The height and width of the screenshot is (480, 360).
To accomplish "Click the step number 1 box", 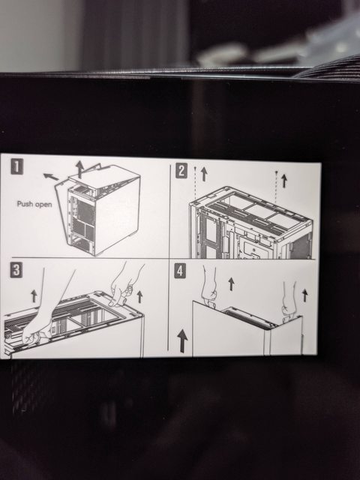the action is click(x=16, y=166).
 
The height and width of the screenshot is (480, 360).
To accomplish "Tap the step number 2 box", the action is click(x=181, y=171).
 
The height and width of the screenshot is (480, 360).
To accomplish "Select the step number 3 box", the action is click(x=16, y=270).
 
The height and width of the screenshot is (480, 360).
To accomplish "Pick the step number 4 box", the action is click(x=180, y=271).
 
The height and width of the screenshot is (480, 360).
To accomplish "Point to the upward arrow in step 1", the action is click(x=80, y=169).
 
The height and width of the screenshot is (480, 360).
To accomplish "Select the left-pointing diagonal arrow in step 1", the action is click(x=51, y=177).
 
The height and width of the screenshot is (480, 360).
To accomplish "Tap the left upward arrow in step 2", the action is click(x=204, y=174).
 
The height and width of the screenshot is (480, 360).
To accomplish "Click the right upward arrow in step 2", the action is click(x=284, y=181).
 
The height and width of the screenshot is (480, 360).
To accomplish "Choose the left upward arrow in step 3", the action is click(x=34, y=296).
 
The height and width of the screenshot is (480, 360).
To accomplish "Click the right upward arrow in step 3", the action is click(x=139, y=297).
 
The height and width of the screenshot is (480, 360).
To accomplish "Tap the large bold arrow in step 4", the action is click(x=182, y=340).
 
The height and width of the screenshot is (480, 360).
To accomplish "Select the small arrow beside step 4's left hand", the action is click(x=231, y=283).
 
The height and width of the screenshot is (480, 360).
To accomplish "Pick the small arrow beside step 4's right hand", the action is click(x=304, y=295).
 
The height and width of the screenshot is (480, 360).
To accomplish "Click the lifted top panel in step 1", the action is click(x=104, y=177).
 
